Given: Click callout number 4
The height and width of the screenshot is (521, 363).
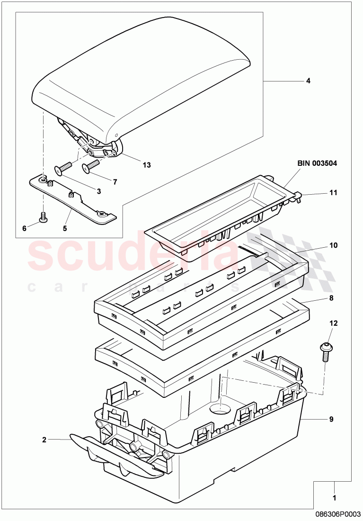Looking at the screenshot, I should (x=308, y=81).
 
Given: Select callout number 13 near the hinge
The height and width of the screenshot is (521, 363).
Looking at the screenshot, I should (x=147, y=164).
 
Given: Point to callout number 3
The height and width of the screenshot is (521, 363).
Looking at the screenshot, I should (x=98, y=191).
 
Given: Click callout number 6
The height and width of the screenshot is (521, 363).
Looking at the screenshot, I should (x=24, y=228).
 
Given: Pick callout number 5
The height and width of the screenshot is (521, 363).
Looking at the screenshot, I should (x=65, y=228).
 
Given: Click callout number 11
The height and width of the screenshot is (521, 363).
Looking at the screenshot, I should (x=334, y=193).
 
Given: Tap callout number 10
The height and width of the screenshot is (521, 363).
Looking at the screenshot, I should (x=334, y=245).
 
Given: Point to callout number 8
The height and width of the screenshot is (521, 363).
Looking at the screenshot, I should (x=331, y=298).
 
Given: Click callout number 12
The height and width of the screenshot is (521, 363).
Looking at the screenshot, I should (x=334, y=323).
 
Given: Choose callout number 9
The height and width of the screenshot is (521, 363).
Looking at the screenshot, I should (x=331, y=419).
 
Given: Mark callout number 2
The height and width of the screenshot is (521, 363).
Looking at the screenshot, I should (x=44, y=440).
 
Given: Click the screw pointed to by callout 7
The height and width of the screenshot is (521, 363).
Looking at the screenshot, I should (x=90, y=166).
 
